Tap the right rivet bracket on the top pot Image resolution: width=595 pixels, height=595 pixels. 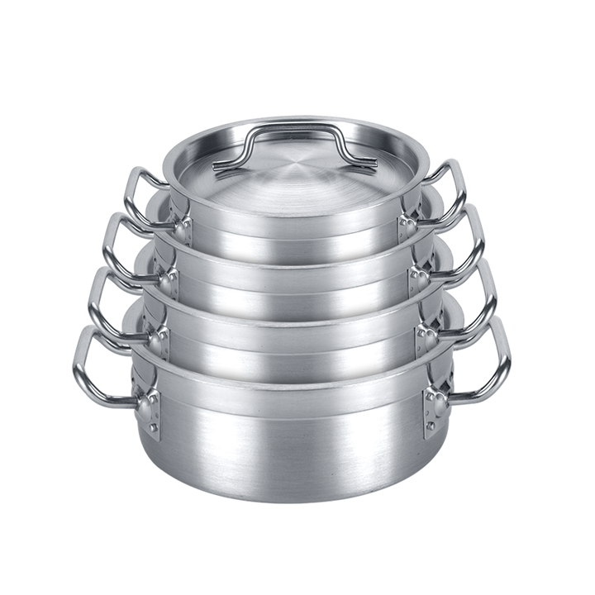pyautogui.click(x=407, y=227)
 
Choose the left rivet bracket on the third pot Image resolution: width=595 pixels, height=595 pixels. pyautogui.click(x=159, y=339)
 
